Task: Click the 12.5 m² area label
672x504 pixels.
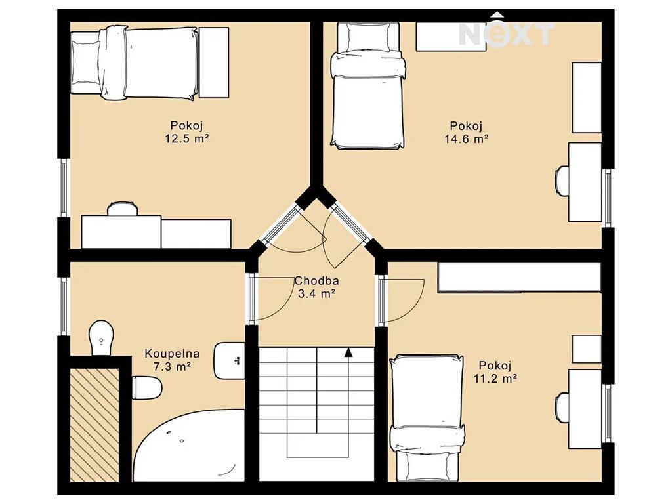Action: [x=187, y=139]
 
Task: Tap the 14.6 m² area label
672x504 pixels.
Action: [x=467, y=139]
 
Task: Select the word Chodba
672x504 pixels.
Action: [x=317, y=281]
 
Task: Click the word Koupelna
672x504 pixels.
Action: [x=172, y=354]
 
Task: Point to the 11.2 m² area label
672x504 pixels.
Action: [x=495, y=379]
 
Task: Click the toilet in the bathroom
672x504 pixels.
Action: [x=147, y=387]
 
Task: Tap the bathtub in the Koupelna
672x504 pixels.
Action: [x=188, y=446]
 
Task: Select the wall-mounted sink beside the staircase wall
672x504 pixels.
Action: [x=230, y=360]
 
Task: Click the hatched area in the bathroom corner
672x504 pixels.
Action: [x=94, y=425]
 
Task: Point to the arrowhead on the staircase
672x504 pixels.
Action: [x=349, y=352]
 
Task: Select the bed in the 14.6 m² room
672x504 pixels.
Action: [x=367, y=86]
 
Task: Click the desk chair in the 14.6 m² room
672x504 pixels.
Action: [x=562, y=181]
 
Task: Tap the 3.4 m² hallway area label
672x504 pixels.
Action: [x=317, y=294]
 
